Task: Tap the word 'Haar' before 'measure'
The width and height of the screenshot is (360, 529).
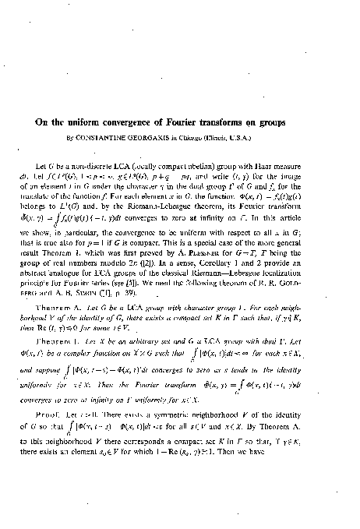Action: (277, 168)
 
